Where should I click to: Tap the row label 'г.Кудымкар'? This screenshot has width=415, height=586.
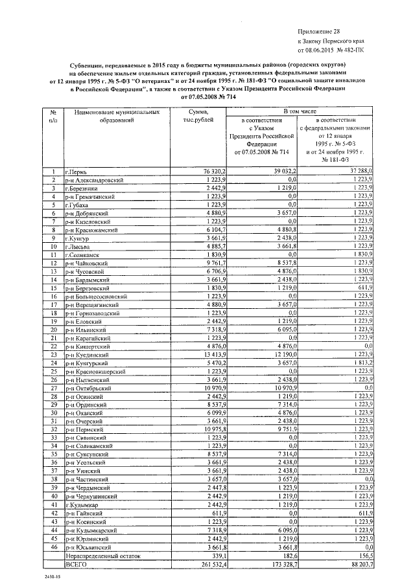click(x=82, y=504)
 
